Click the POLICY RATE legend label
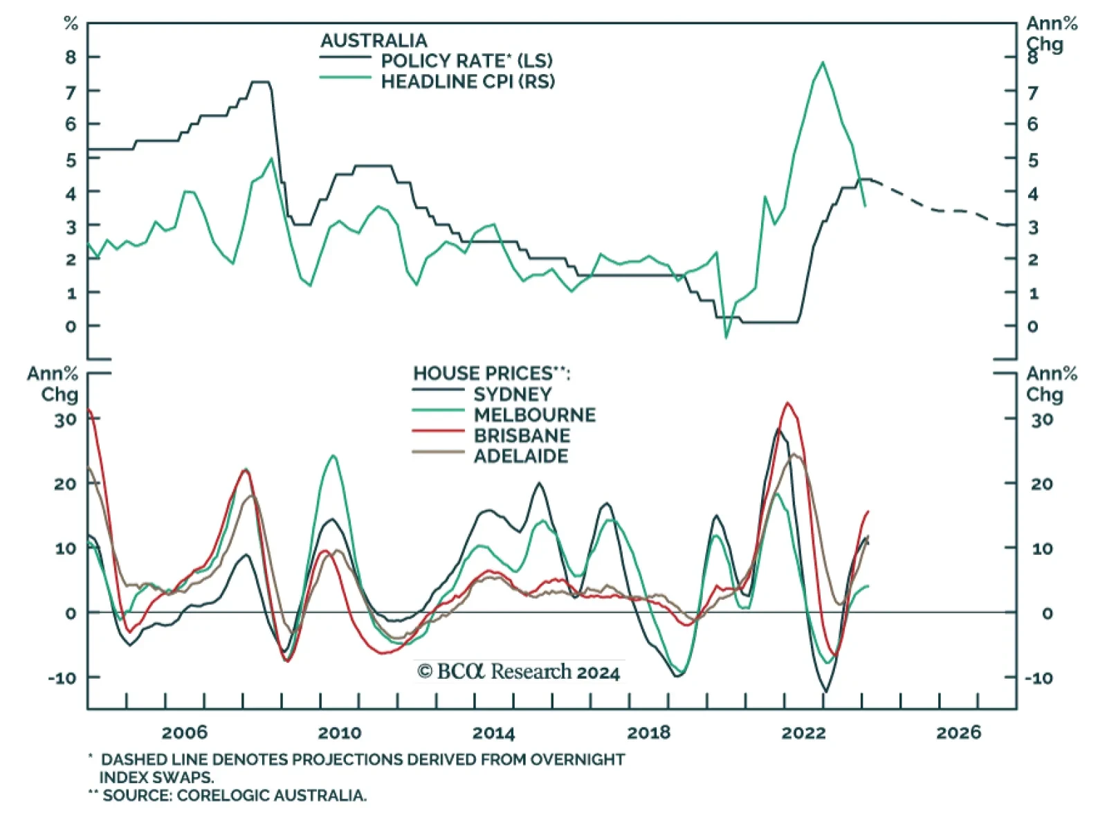tap(466, 60)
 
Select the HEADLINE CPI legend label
tap(468, 81)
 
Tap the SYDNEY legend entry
tap(513, 394)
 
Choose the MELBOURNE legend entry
tap(534, 415)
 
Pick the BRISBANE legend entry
tap(522, 436)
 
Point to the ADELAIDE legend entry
tap(520, 456)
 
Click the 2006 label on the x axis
tap(184, 732)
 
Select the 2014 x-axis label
tap(493, 732)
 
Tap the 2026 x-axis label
tap(958, 732)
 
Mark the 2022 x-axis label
tap(803, 732)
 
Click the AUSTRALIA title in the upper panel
tap(374, 40)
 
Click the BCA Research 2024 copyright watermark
tap(519, 672)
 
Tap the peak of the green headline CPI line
tap(822, 62)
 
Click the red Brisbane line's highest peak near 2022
tap(787, 403)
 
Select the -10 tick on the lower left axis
tap(62, 678)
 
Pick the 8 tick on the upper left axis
tap(71, 57)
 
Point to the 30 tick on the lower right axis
tap(1042, 419)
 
